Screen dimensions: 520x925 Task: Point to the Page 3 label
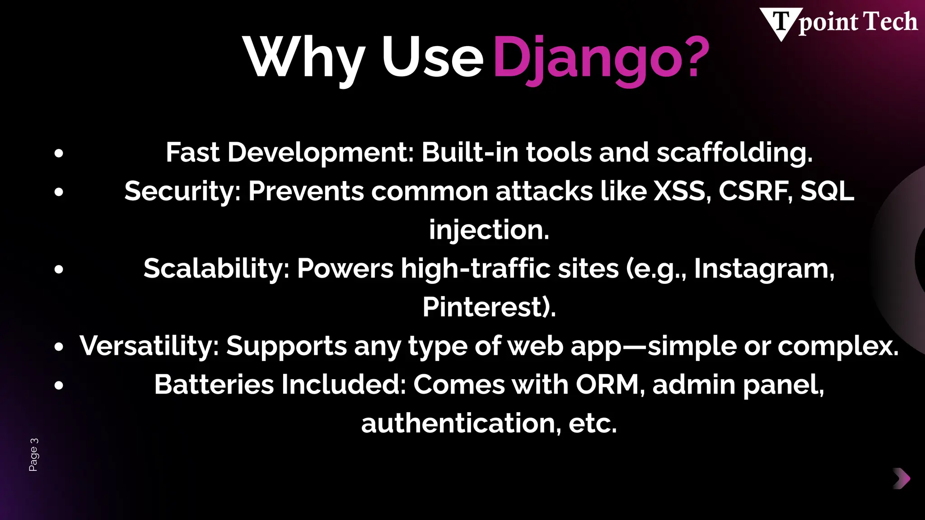coord(34,455)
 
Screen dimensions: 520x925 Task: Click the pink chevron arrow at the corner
coord(902,478)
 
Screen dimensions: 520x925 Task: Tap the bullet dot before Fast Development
coord(59,153)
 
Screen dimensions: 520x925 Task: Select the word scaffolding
coord(734,153)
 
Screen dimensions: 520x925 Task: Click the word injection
coord(489,230)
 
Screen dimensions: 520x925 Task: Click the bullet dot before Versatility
coord(59,347)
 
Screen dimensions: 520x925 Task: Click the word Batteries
coord(214,385)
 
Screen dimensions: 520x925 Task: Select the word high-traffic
coord(476,269)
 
